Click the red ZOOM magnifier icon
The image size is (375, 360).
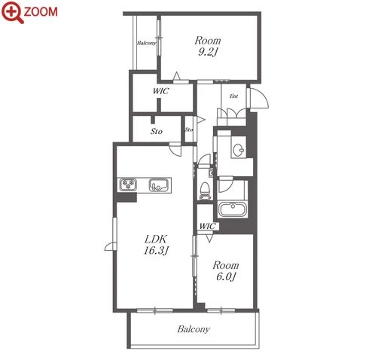click(x=12, y=11)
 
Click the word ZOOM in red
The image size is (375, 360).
click(x=41, y=12)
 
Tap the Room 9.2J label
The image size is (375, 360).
click(x=208, y=46)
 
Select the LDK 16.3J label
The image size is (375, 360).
click(x=156, y=245)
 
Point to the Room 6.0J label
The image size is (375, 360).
click(x=226, y=271)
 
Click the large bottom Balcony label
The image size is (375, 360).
click(x=194, y=329)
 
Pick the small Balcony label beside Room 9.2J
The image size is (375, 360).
click(x=146, y=43)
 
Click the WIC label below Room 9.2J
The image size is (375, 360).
click(x=161, y=91)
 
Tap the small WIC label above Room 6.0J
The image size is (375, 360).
click(x=207, y=226)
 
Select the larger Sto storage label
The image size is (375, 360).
click(x=157, y=131)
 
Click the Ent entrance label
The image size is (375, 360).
click(x=233, y=96)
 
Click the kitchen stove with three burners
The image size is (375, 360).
click(x=128, y=185)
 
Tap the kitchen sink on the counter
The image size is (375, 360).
click(x=159, y=185)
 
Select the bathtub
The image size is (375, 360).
click(x=233, y=209)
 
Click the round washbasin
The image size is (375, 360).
click(x=238, y=151)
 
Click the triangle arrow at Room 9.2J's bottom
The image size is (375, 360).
click(x=177, y=76)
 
